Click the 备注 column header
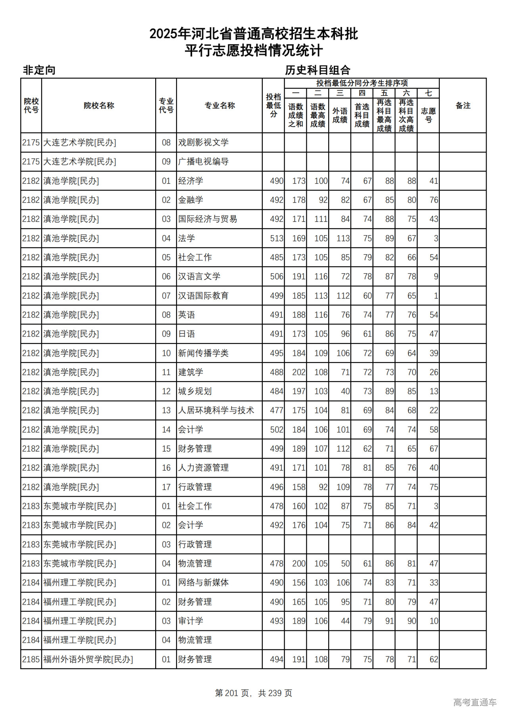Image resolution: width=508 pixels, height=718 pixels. click(x=463, y=106)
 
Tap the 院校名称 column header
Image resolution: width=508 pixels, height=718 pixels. click(x=99, y=106)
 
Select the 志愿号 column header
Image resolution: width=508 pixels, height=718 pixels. click(x=428, y=115)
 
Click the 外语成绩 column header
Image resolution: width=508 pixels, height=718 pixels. click(x=340, y=115)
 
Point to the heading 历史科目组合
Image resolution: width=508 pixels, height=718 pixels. click(x=317, y=70)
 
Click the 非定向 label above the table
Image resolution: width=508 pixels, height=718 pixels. click(x=39, y=70)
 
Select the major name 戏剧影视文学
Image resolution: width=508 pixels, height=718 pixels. click(x=203, y=142)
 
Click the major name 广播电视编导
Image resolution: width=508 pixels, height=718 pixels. click(x=203, y=162)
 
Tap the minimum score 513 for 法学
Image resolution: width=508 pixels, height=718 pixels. click(x=277, y=238)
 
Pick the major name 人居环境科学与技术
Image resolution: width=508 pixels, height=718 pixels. click(x=216, y=411)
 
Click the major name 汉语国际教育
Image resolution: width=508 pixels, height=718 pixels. click(x=203, y=296)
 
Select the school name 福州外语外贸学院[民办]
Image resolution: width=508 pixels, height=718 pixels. click(x=88, y=659)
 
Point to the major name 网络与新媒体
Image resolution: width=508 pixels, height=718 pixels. click(x=203, y=583)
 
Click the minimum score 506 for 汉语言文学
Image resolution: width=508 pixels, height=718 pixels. click(x=277, y=276)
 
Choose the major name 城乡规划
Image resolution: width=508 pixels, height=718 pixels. click(x=195, y=392)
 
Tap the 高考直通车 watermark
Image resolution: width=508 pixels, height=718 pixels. click(x=475, y=702)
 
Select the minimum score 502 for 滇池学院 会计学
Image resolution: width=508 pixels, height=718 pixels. click(x=277, y=430)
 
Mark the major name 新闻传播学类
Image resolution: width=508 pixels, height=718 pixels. click(x=203, y=353)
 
